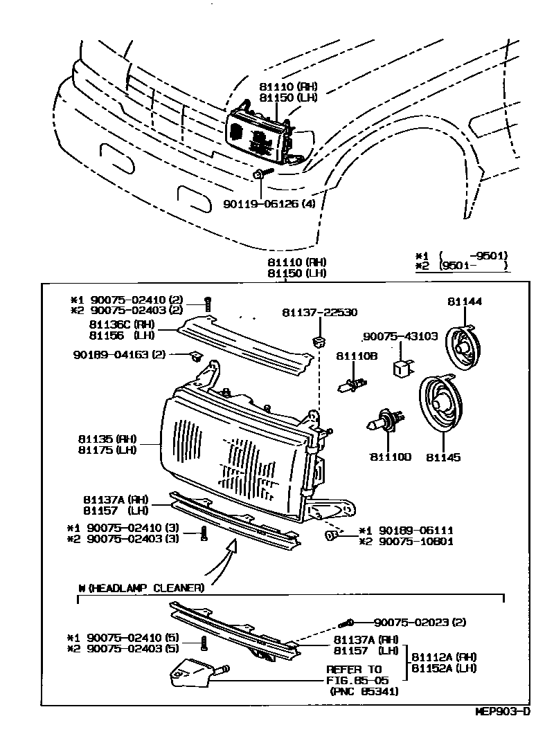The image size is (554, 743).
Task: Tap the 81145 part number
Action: [x=443, y=457]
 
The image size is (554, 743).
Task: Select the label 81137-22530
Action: [x=319, y=313]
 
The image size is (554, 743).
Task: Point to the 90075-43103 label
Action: [x=402, y=337]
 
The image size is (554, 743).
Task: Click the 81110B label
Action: [x=357, y=356]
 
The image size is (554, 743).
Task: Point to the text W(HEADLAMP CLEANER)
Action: [x=141, y=588]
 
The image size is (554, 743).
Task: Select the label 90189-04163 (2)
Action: [x=119, y=355]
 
